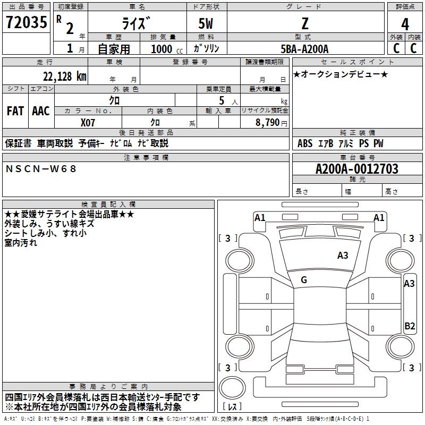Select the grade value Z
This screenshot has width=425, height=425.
pyautogui.click(x=304, y=23)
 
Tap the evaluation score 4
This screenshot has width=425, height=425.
pyautogui.click(x=405, y=24)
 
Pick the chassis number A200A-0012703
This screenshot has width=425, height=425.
pyautogui.click(x=356, y=169)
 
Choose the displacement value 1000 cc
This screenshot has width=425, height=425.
pyautogui.click(x=161, y=49)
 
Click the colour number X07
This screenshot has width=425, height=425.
pyautogui.click(x=88, y=122)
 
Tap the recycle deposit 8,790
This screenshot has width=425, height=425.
pyautogui.click(x=267, y=122)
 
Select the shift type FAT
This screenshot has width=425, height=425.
pyautogui.click(x=15, y=111)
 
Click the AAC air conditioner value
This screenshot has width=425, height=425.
pyautogui.click(x=41, y=111)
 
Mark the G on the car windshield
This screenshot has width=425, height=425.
pyautogui.click(x=304, y=280)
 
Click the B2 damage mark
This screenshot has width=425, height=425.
pyautogui.click(x=410, y=326)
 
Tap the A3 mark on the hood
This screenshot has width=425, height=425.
pyautogui.click(x=343, y=256)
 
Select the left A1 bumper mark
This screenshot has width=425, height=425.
pyautogui.click(x=260, y=217)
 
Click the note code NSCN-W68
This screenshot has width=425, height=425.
pyautogui.click(x=41, y=169)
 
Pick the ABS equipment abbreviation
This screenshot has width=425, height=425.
pyautogui.click(x=305, y=143)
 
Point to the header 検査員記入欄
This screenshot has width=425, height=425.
pyautogui.click(x=108, y=204)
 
